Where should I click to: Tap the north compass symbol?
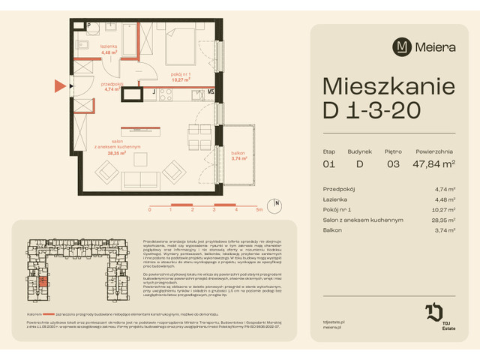(x=277, y=202)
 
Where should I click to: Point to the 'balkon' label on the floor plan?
(x=238, y=155)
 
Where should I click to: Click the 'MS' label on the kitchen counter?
(x=211, y=93)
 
